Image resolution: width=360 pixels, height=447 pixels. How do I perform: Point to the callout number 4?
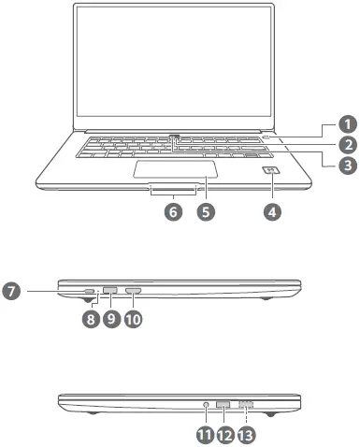[272, 211]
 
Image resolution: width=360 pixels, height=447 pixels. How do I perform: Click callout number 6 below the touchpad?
[172, 211]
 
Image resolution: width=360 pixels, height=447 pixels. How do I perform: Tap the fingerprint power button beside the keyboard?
[272, 171]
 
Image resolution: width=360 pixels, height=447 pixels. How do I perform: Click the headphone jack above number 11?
[205, 404]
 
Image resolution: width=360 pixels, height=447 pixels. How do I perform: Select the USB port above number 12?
[224, 404]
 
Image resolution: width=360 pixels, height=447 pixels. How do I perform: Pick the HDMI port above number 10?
[133, 292]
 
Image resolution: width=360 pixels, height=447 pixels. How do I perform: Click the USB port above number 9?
[110, 291]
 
